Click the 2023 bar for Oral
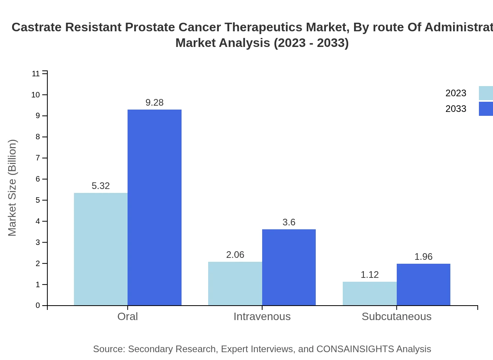[x=101, y=249]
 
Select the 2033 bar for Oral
[x=155, y=207]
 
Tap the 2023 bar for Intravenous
[x=235, y=283]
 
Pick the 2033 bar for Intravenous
[x=289, y=267]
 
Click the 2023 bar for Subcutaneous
[x=369, y=293]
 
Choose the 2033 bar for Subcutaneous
[x=423, y=284]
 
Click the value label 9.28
[x=155, y=103]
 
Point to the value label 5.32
[x=101, y=186]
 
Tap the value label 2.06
[x=235, y=255]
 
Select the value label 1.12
[x=369, y=275]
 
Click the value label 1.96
[x=423, y=257]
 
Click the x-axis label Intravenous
[x=262, y=316]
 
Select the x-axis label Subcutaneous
[x=396, y=316]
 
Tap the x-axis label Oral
[x=128, y=316]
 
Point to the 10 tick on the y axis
[x=36, y=95]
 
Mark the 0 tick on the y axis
[x=38, y=306]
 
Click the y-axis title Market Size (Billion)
[x=12, y=188]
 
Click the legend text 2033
[x=456, y=109]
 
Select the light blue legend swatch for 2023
[x=486, y=93]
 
